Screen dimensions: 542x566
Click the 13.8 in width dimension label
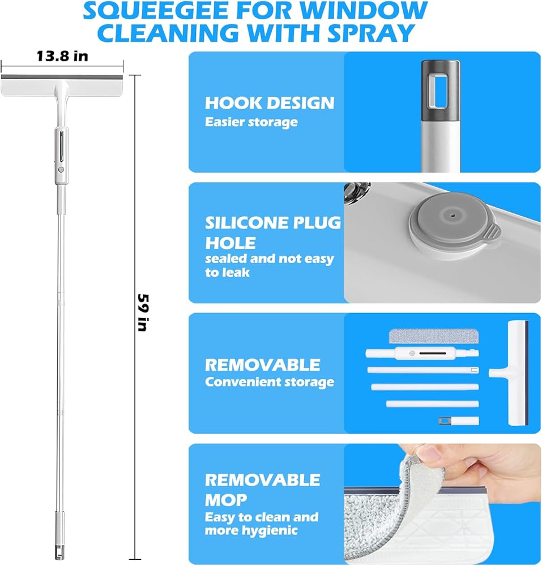(62, 56)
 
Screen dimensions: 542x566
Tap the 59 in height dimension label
(143, 312)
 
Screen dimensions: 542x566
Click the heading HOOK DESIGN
(270, 103)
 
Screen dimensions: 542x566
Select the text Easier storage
(251, 122)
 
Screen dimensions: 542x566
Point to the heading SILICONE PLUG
(273, 222)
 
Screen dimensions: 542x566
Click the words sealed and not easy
(270, 259)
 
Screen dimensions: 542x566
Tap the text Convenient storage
(270, 382)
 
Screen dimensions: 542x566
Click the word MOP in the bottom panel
(225, 500)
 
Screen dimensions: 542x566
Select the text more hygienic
(251, 530)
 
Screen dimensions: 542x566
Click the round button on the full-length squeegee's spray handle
(61, 169)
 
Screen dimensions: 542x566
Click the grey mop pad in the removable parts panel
(433, 336)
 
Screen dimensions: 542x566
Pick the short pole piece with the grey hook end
(459, 421)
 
